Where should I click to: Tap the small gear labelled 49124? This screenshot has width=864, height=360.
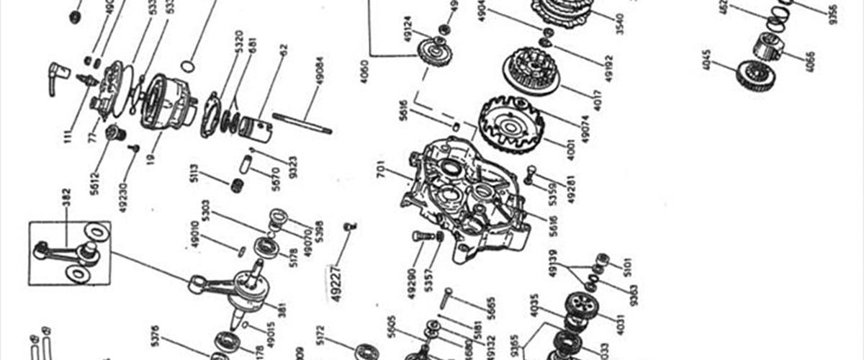tap(433, 53)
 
